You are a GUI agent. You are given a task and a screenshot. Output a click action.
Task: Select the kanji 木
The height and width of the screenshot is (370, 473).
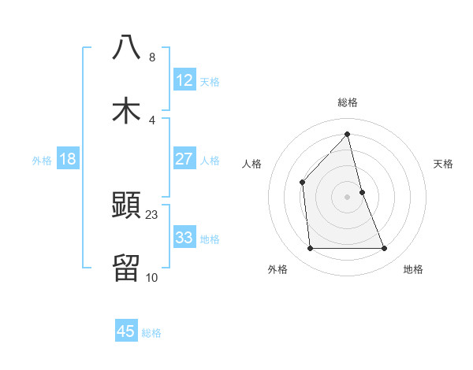pos(126,110)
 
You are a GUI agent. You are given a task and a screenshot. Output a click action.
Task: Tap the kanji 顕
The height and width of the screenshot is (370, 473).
pos(126,206)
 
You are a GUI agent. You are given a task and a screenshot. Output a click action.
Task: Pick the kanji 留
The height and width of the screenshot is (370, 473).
pos(126,268)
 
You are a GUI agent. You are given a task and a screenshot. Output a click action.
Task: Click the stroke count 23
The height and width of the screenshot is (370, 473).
pos(152,215)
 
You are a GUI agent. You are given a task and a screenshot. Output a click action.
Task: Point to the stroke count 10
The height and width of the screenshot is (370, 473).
pos(151,277)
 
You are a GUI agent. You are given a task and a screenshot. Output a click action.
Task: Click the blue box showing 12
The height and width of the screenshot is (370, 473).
pos(184,80)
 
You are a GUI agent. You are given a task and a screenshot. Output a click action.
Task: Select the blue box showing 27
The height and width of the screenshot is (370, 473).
pos(184,159)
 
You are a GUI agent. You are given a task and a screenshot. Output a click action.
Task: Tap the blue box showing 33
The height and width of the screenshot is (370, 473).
pos(184,238)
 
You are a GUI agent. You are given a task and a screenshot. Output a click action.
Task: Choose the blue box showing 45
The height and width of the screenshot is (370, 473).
pos(126,331)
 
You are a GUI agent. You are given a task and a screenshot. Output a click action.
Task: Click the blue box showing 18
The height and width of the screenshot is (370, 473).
pos(68,159)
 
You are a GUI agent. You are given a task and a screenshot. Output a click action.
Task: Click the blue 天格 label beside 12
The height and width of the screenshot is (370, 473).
pos(210,81)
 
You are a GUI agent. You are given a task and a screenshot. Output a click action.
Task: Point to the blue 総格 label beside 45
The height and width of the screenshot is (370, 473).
pos(151,332)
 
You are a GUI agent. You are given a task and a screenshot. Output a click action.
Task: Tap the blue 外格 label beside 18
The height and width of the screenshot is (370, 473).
pos(42,160)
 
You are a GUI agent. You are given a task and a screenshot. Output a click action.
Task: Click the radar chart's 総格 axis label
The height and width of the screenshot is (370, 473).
pos(348,102)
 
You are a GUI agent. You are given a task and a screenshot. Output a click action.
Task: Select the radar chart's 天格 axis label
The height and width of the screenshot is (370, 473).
pos(444,164)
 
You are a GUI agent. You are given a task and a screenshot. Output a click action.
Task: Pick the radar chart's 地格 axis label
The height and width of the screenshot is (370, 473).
pos(413,269)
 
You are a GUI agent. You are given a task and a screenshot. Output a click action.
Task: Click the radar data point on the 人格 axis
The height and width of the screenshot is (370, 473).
pos(302,183)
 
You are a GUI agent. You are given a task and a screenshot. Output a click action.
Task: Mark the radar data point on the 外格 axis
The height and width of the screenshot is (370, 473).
pos(310,249)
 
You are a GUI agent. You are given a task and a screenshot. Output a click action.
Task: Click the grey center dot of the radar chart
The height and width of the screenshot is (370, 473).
pos(348,197)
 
